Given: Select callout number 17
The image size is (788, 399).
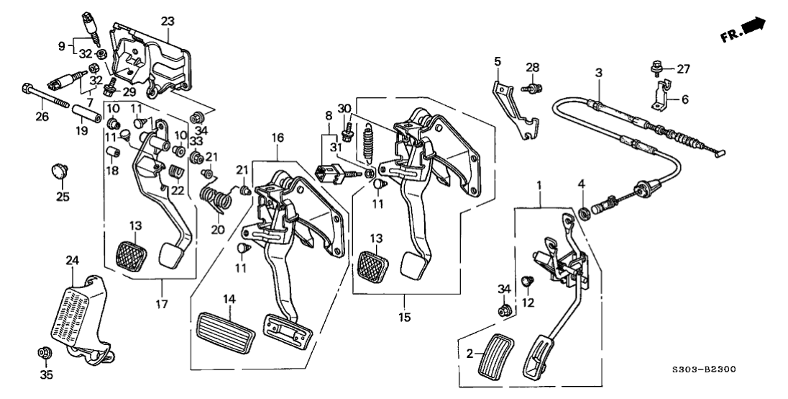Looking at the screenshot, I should pos(161,304).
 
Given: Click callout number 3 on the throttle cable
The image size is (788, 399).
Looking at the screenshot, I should pos(598,72).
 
